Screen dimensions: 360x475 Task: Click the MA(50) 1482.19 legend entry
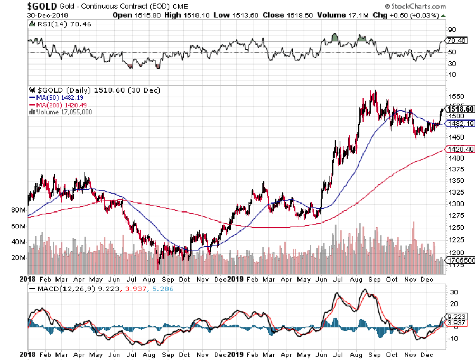[x=57, y=98]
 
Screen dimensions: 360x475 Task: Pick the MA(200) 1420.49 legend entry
[x=58, y=105]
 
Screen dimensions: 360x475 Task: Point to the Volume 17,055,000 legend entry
[x=61, y=112]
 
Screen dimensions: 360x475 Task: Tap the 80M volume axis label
[x=18, y=210]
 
